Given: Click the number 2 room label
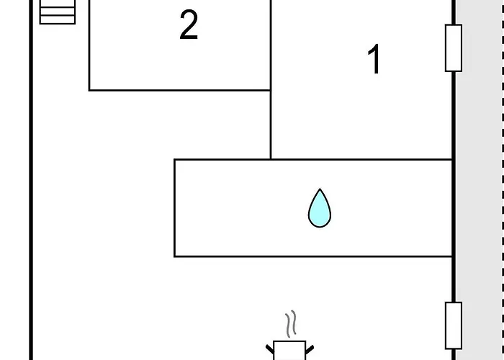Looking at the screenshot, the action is tap(189, 24).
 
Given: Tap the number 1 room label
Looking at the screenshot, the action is tap(374, 59).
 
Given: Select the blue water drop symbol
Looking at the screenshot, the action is tap(320, 208).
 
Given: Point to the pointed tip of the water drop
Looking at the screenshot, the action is tap(320, 189).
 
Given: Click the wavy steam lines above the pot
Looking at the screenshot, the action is tap(291, 324).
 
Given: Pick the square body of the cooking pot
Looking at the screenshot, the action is tap(289, 351).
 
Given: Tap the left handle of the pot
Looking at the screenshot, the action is tap(270, 349).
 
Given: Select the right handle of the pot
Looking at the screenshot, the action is tap(310, 349).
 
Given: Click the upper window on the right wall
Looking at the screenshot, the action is tap(454, 48).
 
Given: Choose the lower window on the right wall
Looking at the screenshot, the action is tap(454, 325).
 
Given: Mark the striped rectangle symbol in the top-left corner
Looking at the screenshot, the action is tap(58, 12).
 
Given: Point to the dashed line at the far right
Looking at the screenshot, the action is tap(503, 180).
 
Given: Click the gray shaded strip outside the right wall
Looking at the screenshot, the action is tap(478, 180).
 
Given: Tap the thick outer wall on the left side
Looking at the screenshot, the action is tap(31, 180).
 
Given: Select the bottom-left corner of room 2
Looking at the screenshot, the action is tap(89, 90).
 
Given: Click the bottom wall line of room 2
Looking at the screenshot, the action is tap(180, 90).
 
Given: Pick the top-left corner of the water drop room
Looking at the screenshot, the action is tap(174, 159).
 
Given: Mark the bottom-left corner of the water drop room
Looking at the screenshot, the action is tap(174, 256).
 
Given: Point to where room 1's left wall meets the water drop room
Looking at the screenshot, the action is tap(271, 159).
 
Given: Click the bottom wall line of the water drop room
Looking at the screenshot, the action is tap(313, 256).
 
